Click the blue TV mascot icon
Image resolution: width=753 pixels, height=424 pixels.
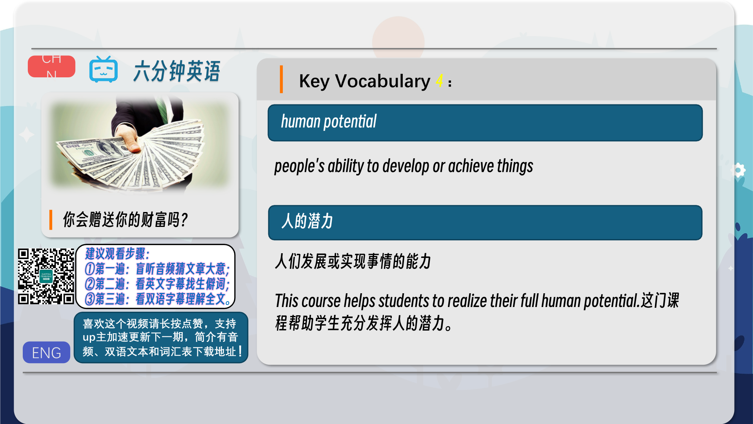[104, 69]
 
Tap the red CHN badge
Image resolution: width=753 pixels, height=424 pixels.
[51, 66]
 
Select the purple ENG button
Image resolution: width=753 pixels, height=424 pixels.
[46, 352]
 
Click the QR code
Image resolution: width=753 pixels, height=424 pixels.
[46, 276]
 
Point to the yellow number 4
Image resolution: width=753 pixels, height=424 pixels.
[439, 81]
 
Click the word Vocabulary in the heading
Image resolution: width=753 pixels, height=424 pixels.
[382, 81]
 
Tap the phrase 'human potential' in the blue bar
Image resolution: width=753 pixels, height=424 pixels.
[329, 122]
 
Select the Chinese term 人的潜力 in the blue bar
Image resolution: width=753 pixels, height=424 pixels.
[307, 221]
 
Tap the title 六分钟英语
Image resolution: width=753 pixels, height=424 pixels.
[177, 71]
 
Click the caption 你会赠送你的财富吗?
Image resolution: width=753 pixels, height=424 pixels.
[125, 219]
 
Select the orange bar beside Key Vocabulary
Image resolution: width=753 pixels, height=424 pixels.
[281, 79]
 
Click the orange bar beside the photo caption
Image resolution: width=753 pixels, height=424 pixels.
[51, 220]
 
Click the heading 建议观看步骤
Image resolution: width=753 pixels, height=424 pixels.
[116, 254]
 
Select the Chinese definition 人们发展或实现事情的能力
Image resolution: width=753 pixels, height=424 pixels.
[353, 261]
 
